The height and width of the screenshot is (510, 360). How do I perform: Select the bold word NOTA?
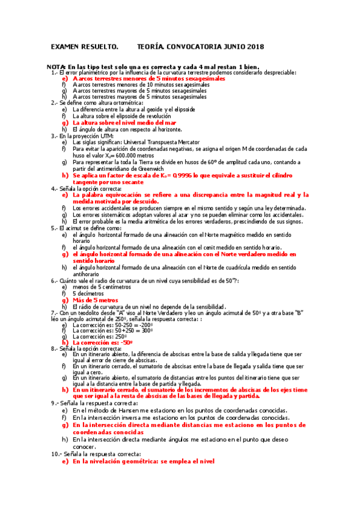(56, 66)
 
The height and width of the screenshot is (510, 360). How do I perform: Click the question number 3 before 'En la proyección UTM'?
(53, 136)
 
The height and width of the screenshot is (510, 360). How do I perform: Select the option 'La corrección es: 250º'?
(101, 336)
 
